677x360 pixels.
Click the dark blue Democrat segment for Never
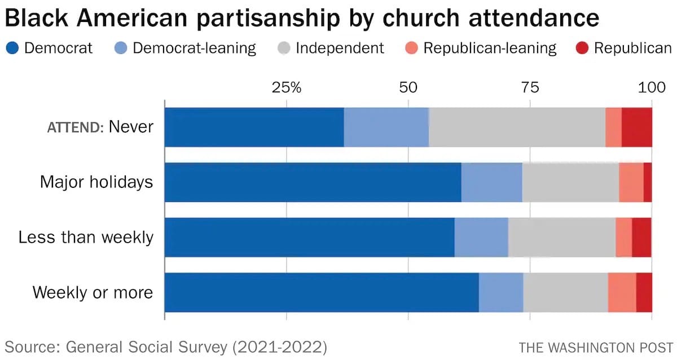254,127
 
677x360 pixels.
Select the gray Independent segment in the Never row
517,127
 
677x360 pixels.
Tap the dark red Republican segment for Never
637,127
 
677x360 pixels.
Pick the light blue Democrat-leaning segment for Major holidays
491,182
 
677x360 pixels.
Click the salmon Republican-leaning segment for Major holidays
631,182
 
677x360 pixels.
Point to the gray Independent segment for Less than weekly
561,238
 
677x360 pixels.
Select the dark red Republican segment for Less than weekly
641,238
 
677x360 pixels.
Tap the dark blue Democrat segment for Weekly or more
322,292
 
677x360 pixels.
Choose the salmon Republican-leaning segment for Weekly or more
622,292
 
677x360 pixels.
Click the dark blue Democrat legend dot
12,49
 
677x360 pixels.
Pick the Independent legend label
340,49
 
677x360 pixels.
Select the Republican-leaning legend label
490,49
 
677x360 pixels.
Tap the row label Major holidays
96,182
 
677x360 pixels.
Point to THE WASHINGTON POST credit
596,346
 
